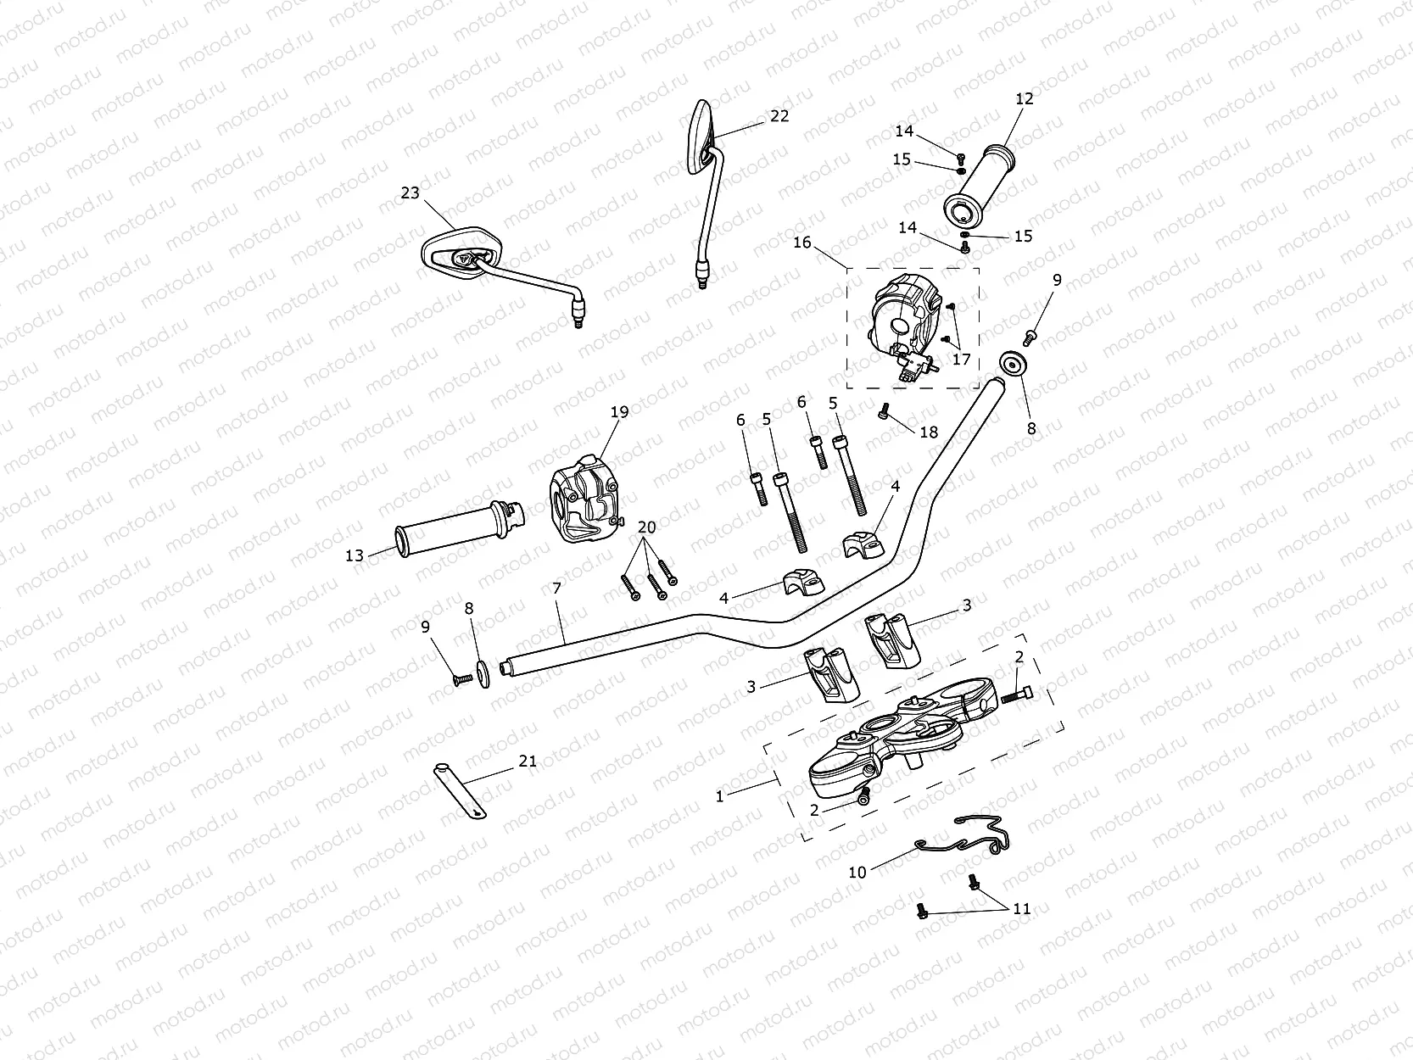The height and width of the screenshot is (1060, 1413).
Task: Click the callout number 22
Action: [x=779, y=115]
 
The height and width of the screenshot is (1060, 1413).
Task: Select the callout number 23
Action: [x=410, y=193]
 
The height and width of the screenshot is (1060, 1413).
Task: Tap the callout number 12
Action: [x=1025, y=99]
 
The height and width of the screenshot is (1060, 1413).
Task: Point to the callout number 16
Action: [x=801, y=243]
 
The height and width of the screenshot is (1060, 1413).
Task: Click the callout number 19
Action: [x=620, y=412]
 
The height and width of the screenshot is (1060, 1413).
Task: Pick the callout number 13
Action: [x=355, y=555]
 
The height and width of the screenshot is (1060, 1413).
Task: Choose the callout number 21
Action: [x=528, y=762]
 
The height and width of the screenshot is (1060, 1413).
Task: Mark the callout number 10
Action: [x=857, y=872]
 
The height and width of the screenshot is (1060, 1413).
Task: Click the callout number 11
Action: [x=1021, y=908]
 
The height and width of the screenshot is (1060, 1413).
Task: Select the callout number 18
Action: [x=929, y=432]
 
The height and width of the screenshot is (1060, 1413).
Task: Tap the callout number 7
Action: [x=556, y=588]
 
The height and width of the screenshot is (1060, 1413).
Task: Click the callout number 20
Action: [x=646, y=527]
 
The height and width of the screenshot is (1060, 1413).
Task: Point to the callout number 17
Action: [x=961, y=360]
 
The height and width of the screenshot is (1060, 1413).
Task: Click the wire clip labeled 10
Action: [x=967, y=835]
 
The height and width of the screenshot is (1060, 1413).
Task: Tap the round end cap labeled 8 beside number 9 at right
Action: [x=1011, y=365]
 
